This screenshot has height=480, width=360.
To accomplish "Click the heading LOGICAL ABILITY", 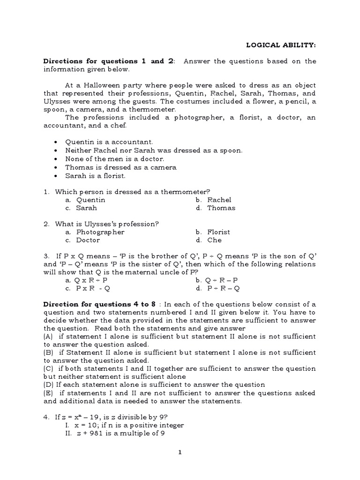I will pyautogui.click(x=281, y=45).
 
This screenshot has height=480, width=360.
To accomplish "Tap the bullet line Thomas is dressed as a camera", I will pyautogui.click(x=121, y=167).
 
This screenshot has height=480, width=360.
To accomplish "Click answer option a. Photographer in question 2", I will pyautogui.click(x=95, y=232).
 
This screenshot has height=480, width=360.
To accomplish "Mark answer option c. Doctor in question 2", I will pyautogui.click(x=82, y=240).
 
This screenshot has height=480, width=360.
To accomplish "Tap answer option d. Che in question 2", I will pyautogui.click(x=209, y=240).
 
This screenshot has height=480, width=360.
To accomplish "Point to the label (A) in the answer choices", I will pyautogui.click(x=49, y=337).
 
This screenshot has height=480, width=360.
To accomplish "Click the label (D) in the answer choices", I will pyautogui.click(x=49, y=385).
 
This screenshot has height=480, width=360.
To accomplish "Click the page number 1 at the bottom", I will pyautogui.click(x=180, y=452).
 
